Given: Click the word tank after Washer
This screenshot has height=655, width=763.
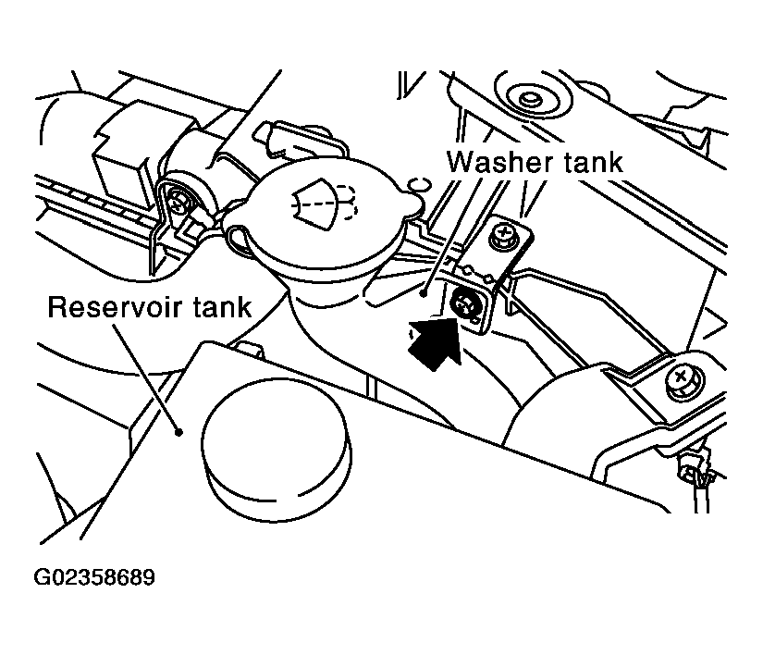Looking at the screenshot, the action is [593, 162].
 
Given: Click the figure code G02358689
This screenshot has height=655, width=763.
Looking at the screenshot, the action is [94, 577].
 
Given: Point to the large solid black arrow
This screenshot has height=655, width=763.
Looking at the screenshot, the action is [433, 341].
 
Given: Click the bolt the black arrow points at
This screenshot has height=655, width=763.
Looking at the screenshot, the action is [462, 305].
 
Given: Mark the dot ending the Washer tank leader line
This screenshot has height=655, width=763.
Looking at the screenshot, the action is [425, 293].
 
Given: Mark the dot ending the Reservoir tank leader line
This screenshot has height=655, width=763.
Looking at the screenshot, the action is [179, 432].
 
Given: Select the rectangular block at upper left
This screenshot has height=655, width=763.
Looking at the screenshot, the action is [122, 146].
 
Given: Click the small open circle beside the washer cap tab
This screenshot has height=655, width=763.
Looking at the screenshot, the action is [418, 185].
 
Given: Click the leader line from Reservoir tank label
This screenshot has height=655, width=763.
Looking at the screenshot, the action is [146, 377].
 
